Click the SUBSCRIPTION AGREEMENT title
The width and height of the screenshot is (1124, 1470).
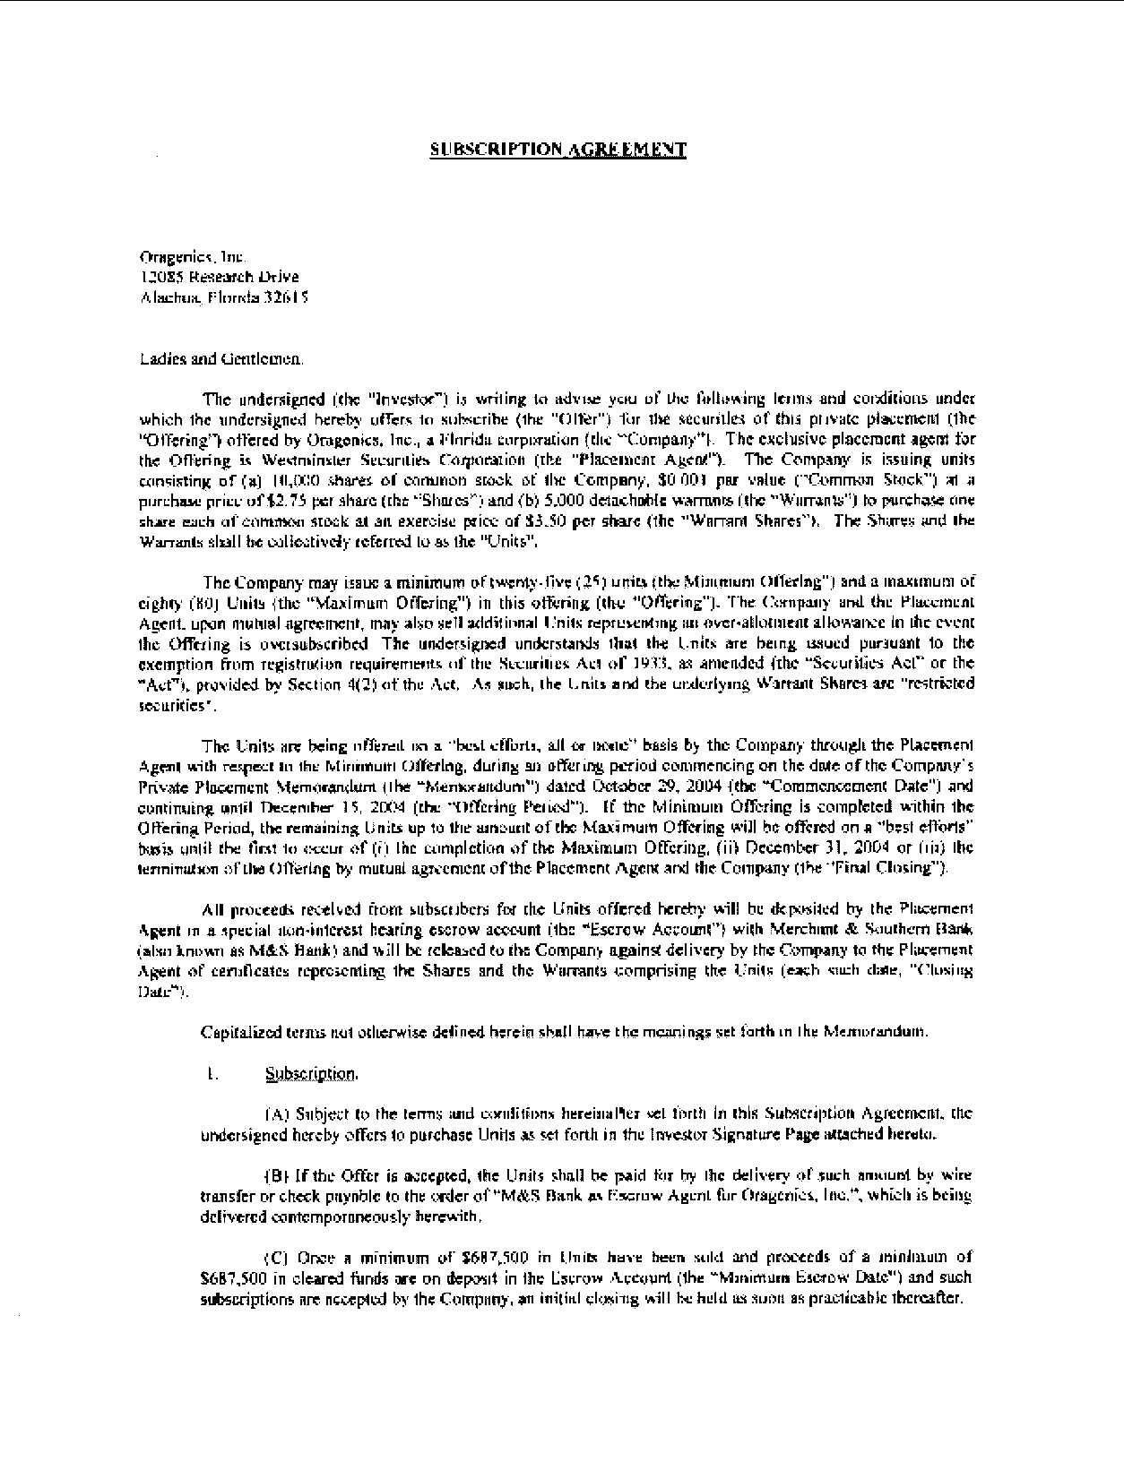[x=558, y=150]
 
